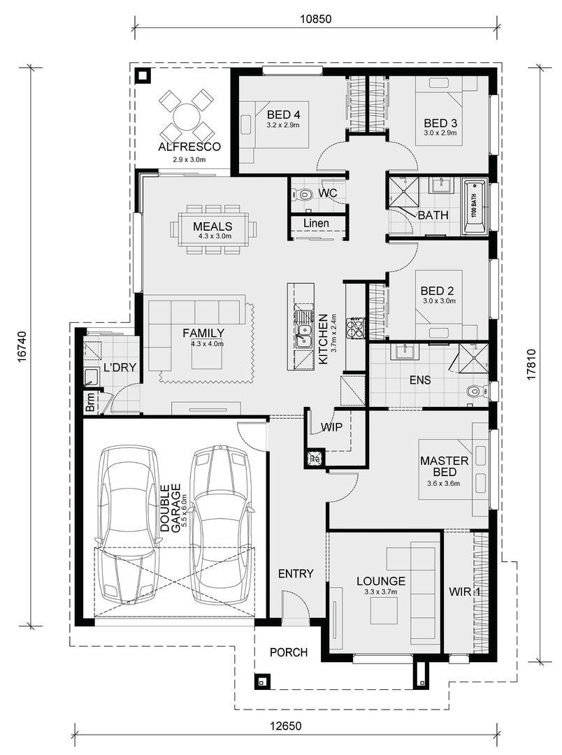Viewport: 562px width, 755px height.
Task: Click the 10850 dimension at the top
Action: click(x=315, y=19)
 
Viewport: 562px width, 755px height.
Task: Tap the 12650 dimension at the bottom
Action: click(x=286, y=726)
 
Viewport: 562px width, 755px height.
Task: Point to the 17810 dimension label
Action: click(x=531, y=365)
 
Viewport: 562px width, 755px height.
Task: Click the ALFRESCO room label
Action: click(x=189, y=147)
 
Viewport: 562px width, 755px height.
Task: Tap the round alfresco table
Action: click(x=186, y=115)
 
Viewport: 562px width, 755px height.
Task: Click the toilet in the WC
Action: click(x=302, y=194)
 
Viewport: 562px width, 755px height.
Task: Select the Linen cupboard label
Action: click(x=317, y=223)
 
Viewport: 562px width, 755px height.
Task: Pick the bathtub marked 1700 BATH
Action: click(x=475, y=207)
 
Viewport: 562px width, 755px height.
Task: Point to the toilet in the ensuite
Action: click(x=476, y=391)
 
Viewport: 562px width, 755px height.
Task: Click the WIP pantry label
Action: click(x=331, y=426)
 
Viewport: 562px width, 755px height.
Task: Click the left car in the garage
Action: click(x=129, y=524)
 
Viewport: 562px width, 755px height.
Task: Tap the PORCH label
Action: click(x=289, y=652)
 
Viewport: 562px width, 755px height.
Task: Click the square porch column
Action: click(x=262, y=682)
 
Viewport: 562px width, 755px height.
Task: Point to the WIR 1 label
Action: click(x=465, y=592)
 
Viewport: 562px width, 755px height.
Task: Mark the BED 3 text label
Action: click(x=440, y=123)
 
